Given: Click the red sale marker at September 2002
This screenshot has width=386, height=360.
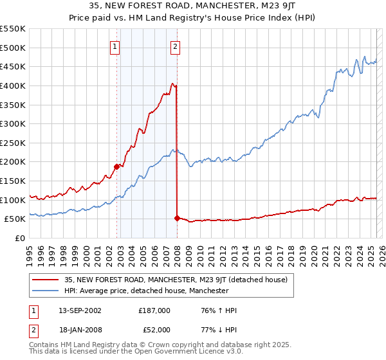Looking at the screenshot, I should coord(116,166).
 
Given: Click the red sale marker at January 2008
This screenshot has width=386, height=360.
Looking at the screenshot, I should coord(177,218).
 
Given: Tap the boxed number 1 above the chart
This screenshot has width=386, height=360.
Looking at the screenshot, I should coord(115,46).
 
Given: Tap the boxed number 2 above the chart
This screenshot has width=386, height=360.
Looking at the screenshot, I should coord(175,46).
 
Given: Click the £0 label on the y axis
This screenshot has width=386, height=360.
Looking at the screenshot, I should coord(20,238).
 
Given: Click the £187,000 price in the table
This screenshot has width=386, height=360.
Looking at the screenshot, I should coord(154,310).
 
